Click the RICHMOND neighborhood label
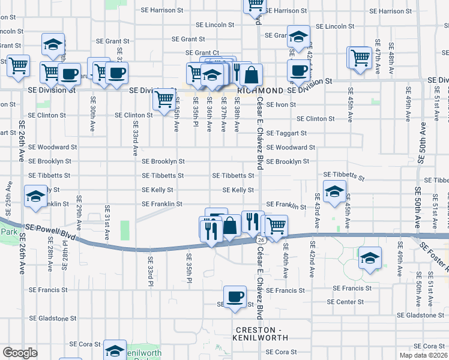[x=261, y=90]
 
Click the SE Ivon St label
[x=281, y=104]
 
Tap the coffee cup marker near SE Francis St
[x=235, y=296]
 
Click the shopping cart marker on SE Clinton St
[x=164, y=99]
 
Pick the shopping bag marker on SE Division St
[x=252, y=75]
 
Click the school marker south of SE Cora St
[x=115, y=351]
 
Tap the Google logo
[x=20, y=353]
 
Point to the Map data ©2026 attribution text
[x=423, y=355]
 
